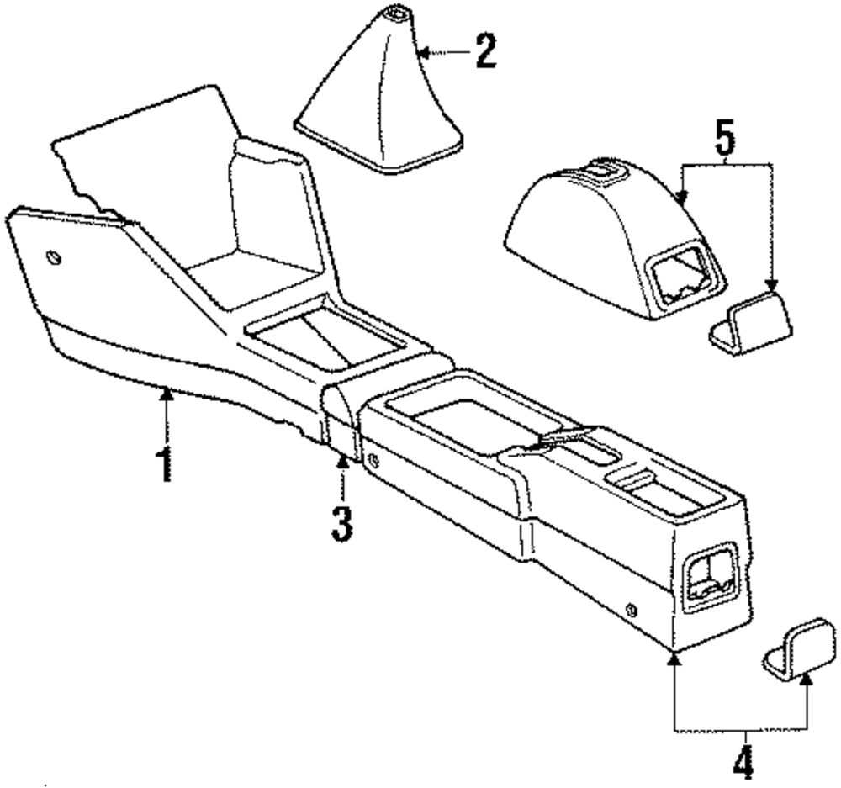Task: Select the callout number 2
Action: [485, 52]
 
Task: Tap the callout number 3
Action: [341, 521]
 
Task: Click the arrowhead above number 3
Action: [342, 461]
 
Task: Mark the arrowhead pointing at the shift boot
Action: [424, 53]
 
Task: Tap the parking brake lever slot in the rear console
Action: [559, 442]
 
